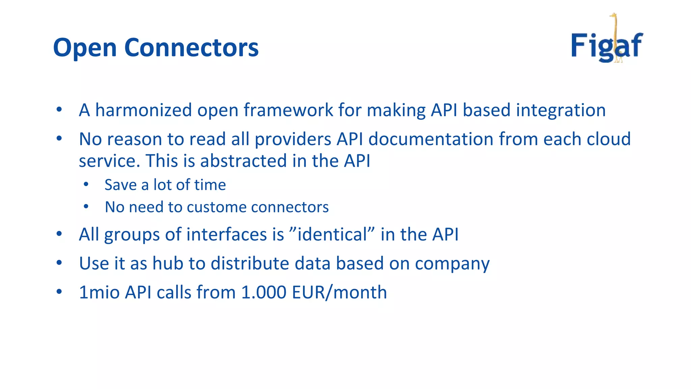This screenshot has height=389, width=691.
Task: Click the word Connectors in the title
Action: [191, 47]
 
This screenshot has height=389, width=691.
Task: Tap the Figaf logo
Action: [607, 46]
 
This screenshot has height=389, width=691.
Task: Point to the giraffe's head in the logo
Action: [613, 16]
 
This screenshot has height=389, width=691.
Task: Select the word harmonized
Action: [143, 110]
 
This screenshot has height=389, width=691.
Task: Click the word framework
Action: [288, 110]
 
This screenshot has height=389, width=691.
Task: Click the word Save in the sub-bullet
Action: [120, 185]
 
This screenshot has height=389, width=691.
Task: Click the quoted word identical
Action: [332, 234]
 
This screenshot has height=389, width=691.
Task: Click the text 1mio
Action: [99, 292]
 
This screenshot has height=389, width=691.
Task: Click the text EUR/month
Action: [339, 292]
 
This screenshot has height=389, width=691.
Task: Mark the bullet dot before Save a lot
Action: [86, 184]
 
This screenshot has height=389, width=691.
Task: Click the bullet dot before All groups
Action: [59, 234]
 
